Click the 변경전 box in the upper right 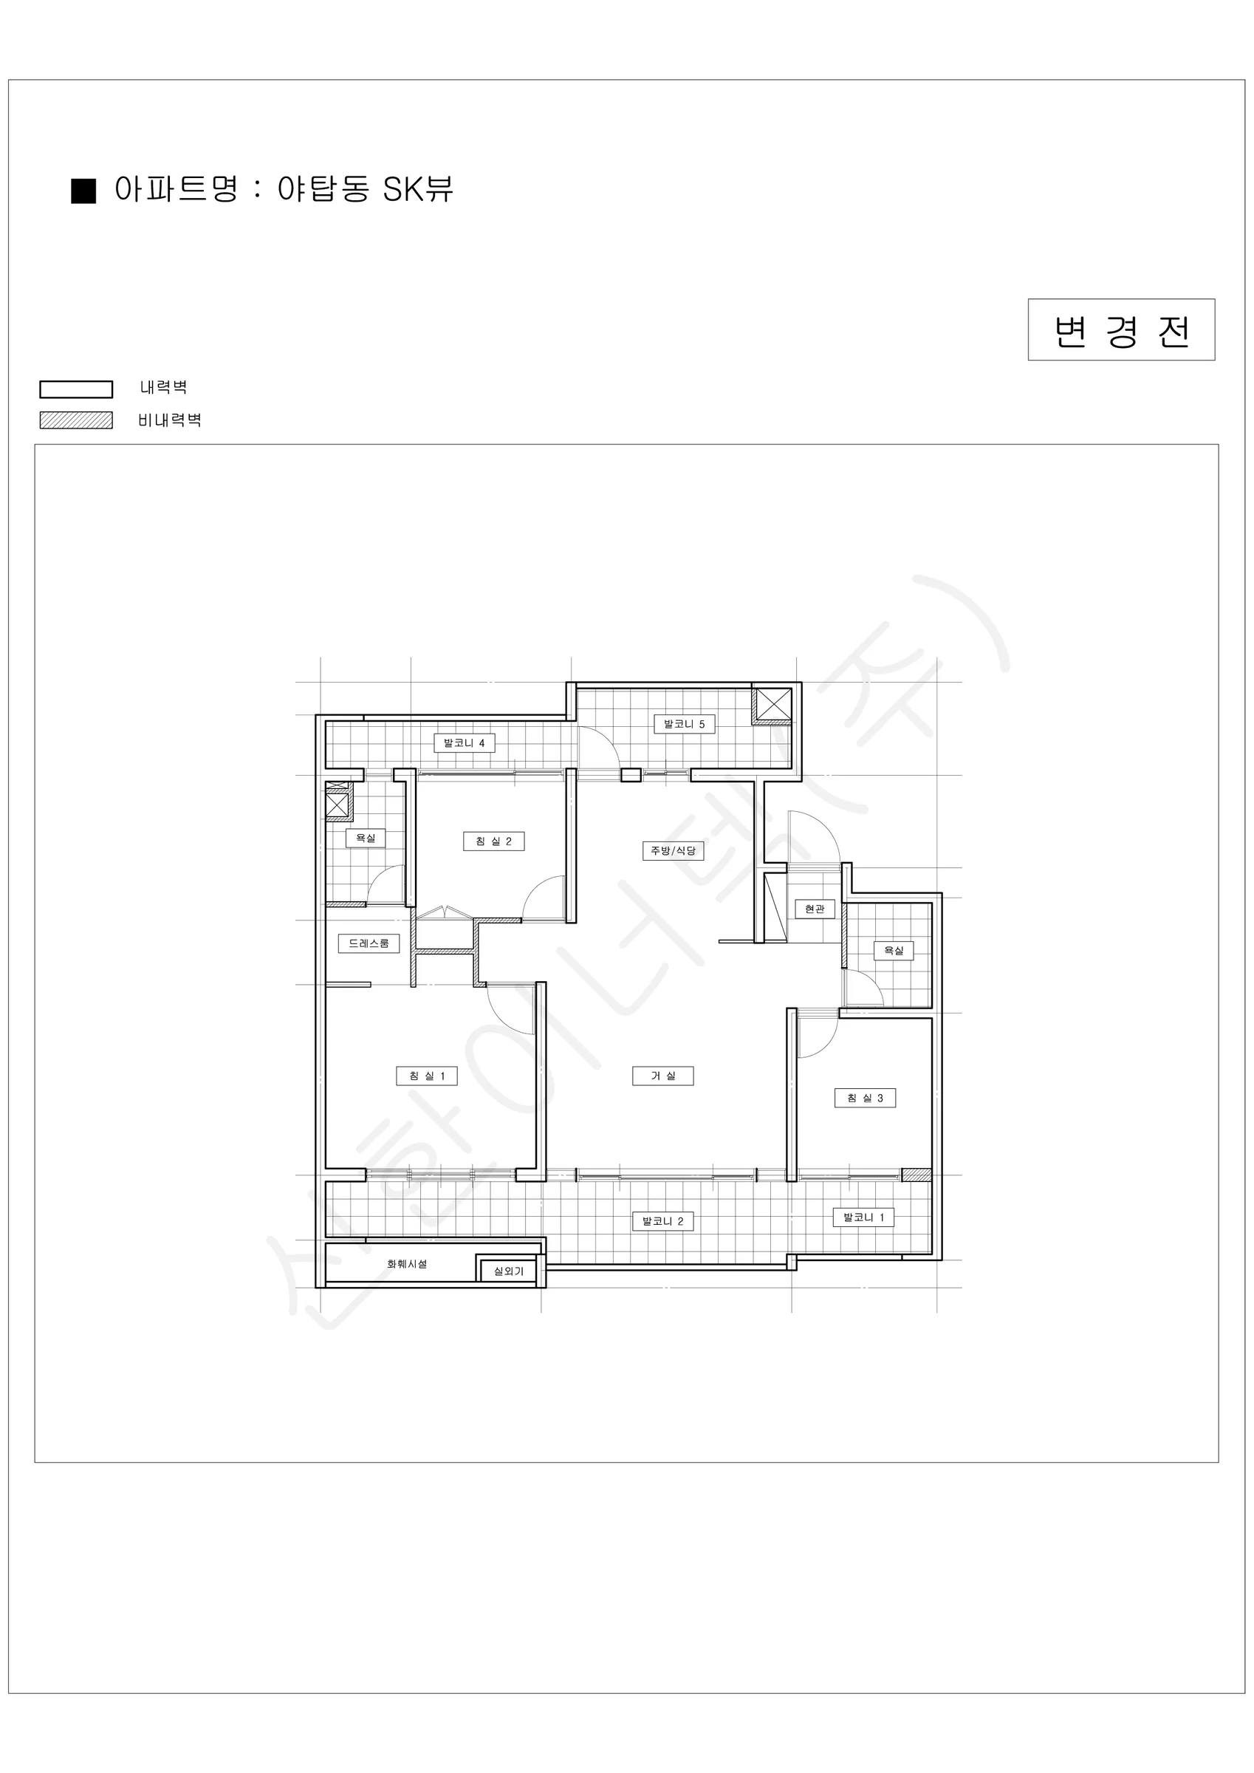click(1121, 329)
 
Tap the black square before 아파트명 click(83, 191)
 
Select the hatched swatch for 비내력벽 click(77, 420)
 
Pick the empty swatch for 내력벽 click(77, 389)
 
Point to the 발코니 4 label click(464, 744)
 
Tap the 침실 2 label click(493, 841)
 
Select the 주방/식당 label click(674, 850)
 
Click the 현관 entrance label click(815, 909)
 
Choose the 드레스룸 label click(369, 943)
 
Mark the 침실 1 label click(427, 1076)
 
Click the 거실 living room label click(662, 1076)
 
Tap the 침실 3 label click(865, 1098)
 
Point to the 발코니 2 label click(662, 1221)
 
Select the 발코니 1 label click(863, 1217)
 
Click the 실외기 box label click(508, 1271)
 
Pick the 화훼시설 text click(407, 1264)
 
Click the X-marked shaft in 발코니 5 click(774, 704)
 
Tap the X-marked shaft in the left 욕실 click(338, 804)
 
